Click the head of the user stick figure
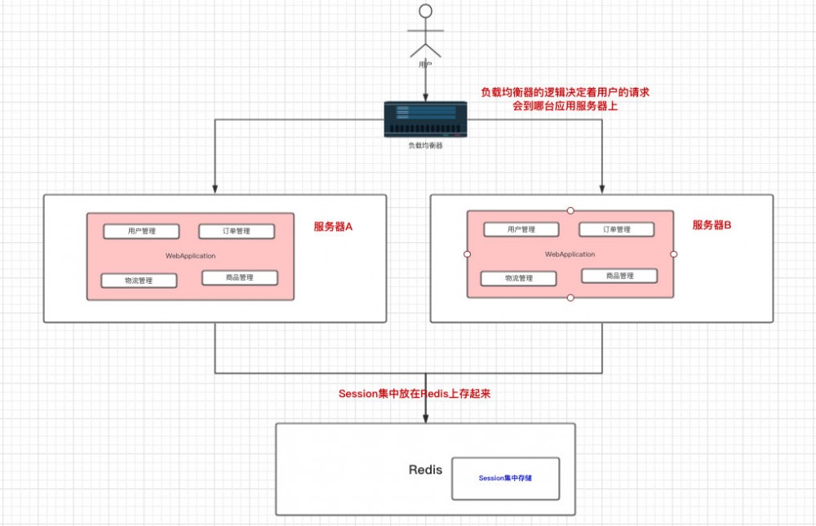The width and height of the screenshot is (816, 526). coord(424,12)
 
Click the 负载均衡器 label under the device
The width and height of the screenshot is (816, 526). coord(425,146)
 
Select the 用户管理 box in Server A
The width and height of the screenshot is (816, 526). coord(141,231)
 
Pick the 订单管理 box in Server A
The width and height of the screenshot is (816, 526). coord(236,231)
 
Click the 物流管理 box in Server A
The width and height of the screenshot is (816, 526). coord(139,281)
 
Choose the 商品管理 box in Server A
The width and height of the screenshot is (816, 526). coord(239,277)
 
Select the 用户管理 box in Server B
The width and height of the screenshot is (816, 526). coord(521,229)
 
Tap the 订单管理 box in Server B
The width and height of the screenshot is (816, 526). coord(616,229)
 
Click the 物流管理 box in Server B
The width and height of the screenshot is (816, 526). coord(519,278)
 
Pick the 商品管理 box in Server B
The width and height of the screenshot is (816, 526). coord(619,276)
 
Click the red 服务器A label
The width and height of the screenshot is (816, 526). coord(333,227)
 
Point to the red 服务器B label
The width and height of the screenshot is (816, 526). coord(712,224)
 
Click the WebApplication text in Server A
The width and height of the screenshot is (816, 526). coord(190,256)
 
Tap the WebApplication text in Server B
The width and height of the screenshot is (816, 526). coord(570,254)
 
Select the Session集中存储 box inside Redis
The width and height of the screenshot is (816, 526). coord(505,478)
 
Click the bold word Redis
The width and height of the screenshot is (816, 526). coord(425,470)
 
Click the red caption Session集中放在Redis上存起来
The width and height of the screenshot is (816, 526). coord(415,393)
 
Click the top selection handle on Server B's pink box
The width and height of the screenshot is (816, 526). coord(570,210)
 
